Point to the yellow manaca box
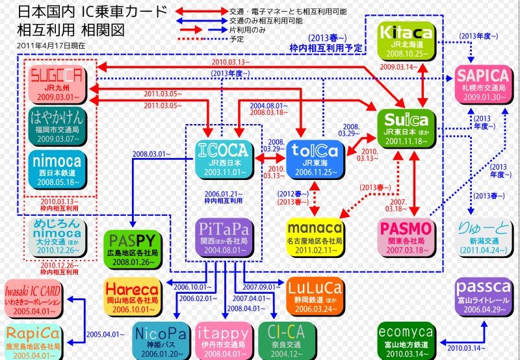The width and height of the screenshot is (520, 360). tap(315, 236)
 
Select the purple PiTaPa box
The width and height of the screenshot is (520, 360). tap(222, 236)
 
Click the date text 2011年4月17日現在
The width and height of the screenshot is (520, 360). tap(51, 46)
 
